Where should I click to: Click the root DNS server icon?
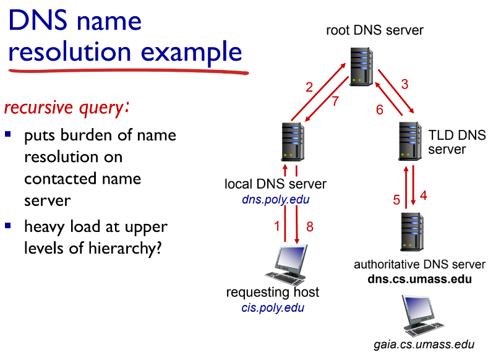(361, 66)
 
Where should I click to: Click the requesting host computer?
(287, 265)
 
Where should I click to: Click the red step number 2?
(310, 87)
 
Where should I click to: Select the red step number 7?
(335, 101)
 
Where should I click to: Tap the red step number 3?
(405, 85)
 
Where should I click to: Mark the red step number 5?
(396, 199)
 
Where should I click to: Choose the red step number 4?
(424, 195)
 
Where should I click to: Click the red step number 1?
(277, 226)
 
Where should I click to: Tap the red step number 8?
(310, 226)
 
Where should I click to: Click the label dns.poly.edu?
(275, 200)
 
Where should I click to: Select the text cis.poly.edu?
(272, 307)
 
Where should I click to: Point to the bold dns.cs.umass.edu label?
(419, 278)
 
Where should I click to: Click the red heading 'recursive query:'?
(67, 108)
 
